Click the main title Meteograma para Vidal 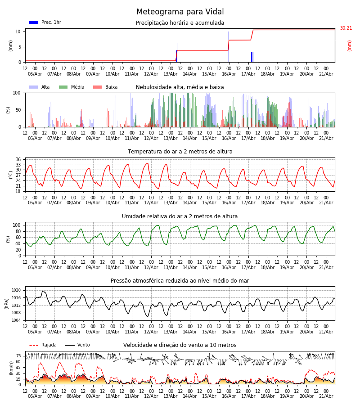click(x=180, y=12)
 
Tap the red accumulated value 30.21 click(x=346, y=28)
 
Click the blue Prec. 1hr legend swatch click(x=34, y=22)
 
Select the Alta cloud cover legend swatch click(x=34, y=87)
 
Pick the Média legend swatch click(x=63, y=87)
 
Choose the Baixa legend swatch click(x=97, y=87)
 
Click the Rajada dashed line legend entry click(x=43, y=345)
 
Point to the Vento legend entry click(x=77, y=345)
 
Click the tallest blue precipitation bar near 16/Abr click(x=229, y=47)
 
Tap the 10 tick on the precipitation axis click(x=18, y=31)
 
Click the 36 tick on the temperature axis click(x=18, y=159)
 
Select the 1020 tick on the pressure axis click(x=17, y=290)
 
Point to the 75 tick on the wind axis click(x=18, y=356)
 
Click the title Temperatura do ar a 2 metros click(x=180, y=152)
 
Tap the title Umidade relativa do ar click(x=180, y=216)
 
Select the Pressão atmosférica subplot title click(x=180, y=280)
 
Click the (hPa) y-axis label click(x=7, y=303)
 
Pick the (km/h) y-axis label click(x=11, y=368)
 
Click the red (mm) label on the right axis click(x=349, y=46)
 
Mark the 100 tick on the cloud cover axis click(x=17, y=93)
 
